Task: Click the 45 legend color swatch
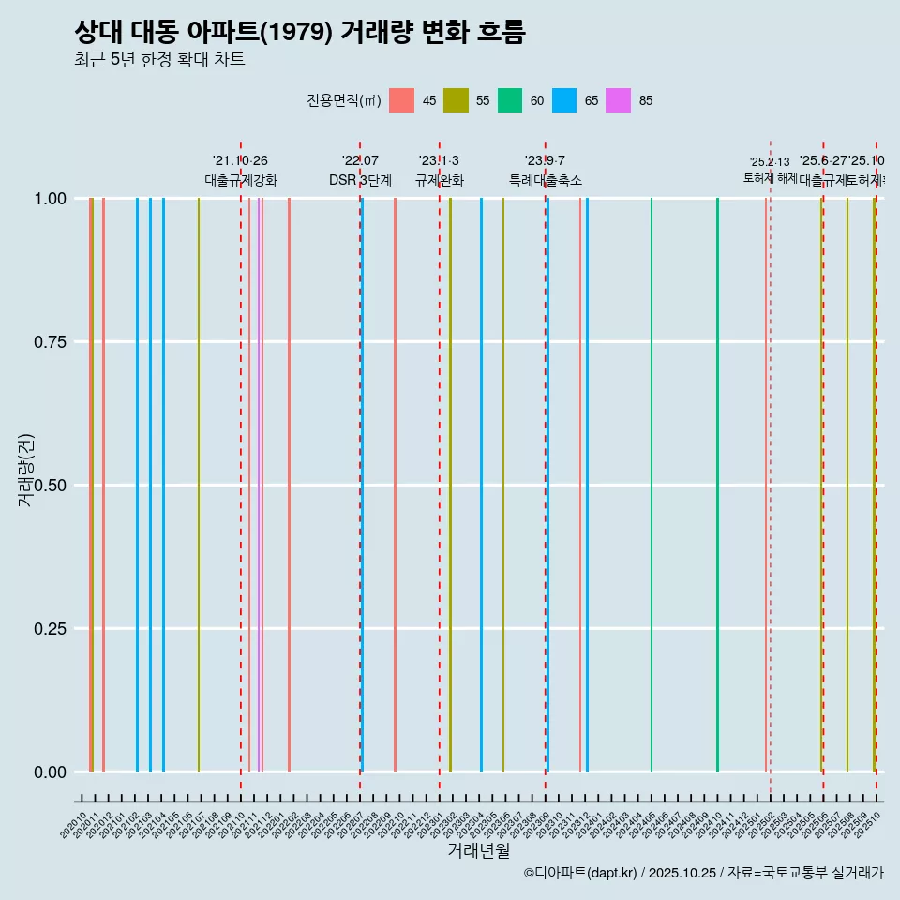click(x=401, y=100)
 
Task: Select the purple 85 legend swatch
click(x=618, y=100)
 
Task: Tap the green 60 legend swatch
click(x=510, y=100)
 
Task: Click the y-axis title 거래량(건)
click(x=25, y=469)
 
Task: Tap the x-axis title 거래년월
click(x=478, y=851)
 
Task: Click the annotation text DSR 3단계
click(x=360, y=180)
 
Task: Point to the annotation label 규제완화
click(x=440, y=180)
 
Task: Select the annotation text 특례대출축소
click(x=546, y=180)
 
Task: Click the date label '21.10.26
click(x=240, y=161)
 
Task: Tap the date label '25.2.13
click(x=770, y=162)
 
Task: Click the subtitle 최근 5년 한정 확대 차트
click(x=159, y=60)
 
